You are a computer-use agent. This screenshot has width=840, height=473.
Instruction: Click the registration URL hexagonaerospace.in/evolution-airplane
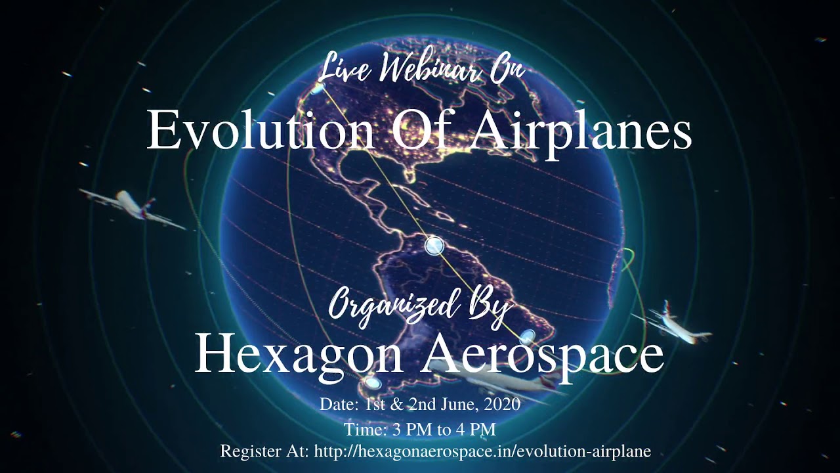(x=483, y=451)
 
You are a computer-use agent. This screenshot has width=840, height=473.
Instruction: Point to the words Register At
(x=264, y=451)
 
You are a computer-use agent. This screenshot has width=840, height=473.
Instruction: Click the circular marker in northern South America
(x=434, y=246)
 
